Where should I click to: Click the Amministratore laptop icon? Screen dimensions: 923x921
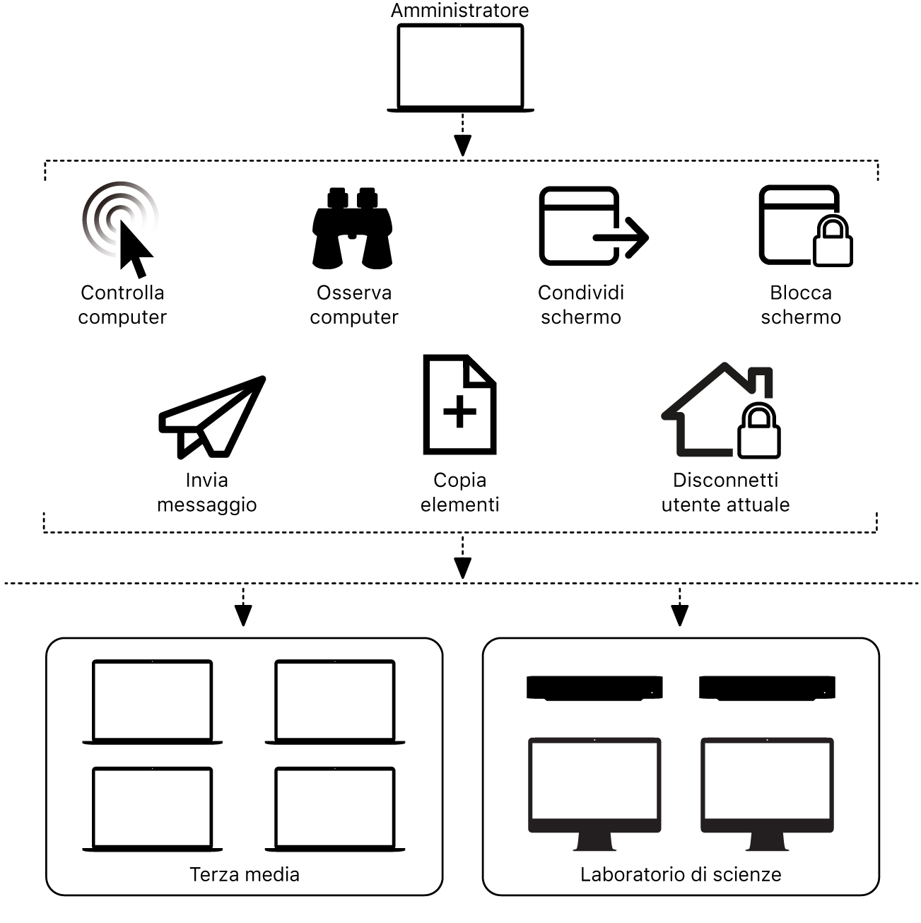tap(460, 67)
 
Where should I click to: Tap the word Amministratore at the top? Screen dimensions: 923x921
tap(459, 11)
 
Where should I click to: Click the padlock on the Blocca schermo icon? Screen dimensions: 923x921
tap(833, 242)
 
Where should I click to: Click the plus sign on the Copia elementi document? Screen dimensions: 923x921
tap(459, 411)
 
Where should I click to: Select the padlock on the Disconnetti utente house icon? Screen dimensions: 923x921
tap(759, 432)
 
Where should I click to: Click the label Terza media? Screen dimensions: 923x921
tap(245, 874)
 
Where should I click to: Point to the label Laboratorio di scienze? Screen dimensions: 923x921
tap(681, 874)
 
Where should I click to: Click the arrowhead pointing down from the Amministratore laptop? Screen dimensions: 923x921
tap(462, 146)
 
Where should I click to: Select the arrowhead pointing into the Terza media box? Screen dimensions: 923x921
tap(243, 616)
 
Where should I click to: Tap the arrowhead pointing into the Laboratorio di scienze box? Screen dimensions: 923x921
tap(680, 616)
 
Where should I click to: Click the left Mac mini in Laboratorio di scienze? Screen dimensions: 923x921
tap(594, 688)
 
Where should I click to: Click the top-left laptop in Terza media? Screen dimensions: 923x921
tap(152, 701)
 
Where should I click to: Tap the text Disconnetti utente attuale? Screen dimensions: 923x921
tap(725, 493)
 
